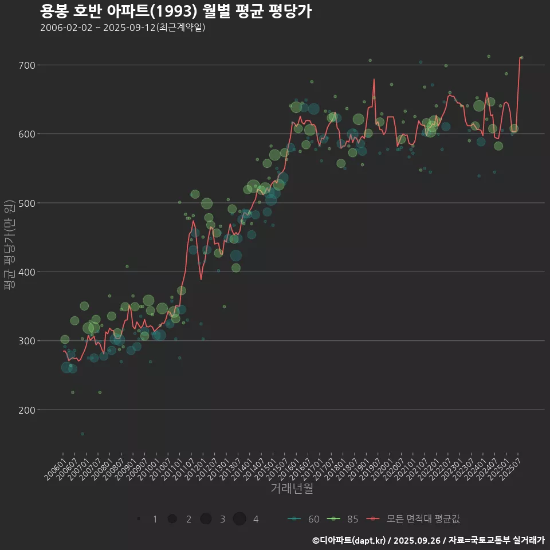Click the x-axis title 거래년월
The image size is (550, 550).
pos(292,489)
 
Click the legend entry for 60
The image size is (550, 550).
pos(304,519)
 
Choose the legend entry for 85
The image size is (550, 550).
pos(343,519)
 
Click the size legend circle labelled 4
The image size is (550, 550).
pos(239,519)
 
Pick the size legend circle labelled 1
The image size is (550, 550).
pos(139,519)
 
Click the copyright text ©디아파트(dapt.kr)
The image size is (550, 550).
pos(349,540)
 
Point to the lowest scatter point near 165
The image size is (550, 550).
pos(82,434)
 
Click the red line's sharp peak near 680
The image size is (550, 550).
pos(374,79)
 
